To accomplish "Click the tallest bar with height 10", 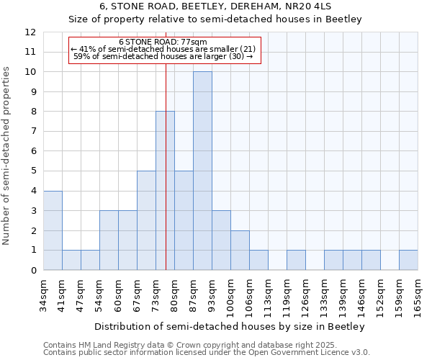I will pyautogui.click(x=202, y=171).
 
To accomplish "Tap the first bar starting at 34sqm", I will pyautogui.click(x=53, y=230).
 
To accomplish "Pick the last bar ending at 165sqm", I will pyautogui.click(x=408, y=260).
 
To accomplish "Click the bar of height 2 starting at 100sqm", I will pyautogui.click(x=240, y=250).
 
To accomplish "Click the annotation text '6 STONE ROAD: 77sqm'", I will pyautogui.click(x=163, y=42).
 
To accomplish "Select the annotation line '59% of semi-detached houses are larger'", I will pyautogui.click(x=163, y=55).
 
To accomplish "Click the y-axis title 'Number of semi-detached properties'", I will pyautogui.click(x=7, y=156).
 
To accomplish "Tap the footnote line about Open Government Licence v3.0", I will pyautogui.click(x=207, y=353).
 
